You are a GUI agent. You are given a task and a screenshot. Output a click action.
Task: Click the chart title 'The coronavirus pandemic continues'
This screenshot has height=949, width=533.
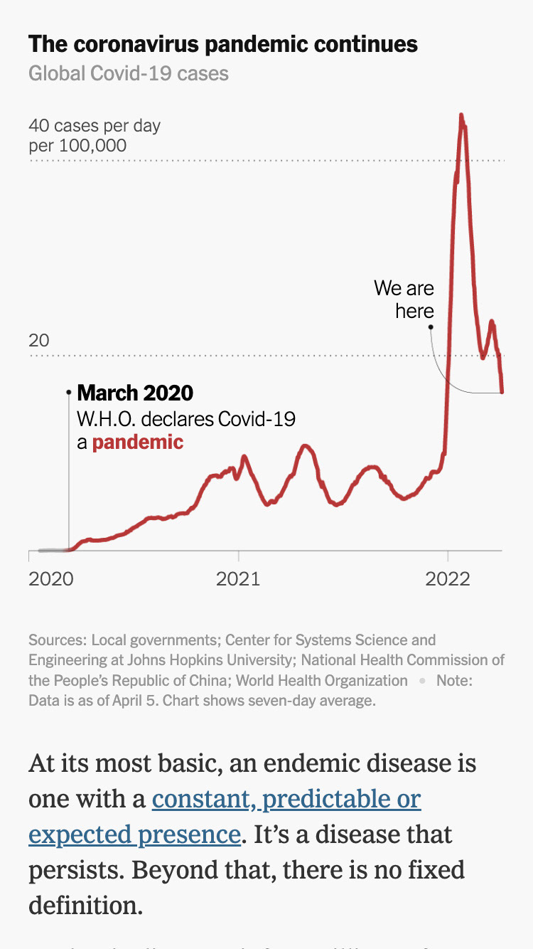tap(223, 45)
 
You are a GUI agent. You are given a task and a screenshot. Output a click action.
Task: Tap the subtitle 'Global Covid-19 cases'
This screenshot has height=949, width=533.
tap(129, 73)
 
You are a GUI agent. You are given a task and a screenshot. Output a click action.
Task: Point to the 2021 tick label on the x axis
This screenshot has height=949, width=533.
tap(238, 579)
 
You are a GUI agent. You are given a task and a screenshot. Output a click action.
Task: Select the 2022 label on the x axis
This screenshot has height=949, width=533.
tap(448, 579)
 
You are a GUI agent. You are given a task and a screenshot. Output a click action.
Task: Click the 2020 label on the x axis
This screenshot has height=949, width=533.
tap(50, 579)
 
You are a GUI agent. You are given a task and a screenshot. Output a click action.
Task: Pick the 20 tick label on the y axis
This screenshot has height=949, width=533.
tap(39, 341)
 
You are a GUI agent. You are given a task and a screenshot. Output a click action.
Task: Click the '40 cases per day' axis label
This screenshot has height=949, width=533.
tap(95, 127)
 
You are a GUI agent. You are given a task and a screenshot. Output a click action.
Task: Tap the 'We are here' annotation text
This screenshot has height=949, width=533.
tap(404, 299)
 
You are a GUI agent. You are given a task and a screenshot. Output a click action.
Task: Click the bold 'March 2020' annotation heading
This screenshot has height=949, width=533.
tap(135, 393)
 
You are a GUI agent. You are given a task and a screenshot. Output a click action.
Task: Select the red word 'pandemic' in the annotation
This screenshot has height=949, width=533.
tap(138, 442)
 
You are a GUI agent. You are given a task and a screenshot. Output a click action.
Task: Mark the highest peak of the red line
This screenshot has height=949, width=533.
tap(461, 115)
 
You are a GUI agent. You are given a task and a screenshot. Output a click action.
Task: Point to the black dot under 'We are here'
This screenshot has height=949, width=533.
tap(431, 327)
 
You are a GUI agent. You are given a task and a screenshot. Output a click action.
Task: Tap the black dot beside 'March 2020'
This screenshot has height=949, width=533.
tap(69, 392)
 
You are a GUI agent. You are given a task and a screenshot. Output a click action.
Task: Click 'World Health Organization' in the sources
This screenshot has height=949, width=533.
tap(322, 681)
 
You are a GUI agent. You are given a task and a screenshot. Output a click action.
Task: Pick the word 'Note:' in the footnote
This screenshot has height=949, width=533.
tap(454, 681)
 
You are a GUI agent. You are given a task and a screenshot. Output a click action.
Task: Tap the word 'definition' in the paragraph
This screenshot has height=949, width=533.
tap(82, 905)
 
